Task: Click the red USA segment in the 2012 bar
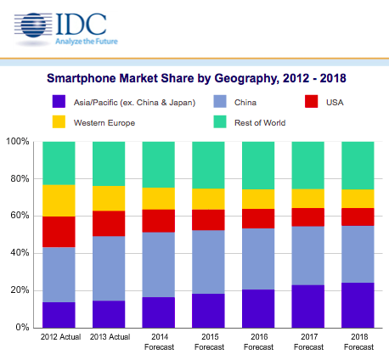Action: [x=59, y=232]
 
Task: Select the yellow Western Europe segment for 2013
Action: [x=108, y=198]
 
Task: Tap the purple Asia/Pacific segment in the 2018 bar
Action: [x=357, y=305]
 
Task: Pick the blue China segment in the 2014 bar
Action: [x=158, y=264]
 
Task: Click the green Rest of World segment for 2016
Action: [x=257, y=166]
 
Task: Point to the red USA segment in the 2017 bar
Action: [x=307, y=217]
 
